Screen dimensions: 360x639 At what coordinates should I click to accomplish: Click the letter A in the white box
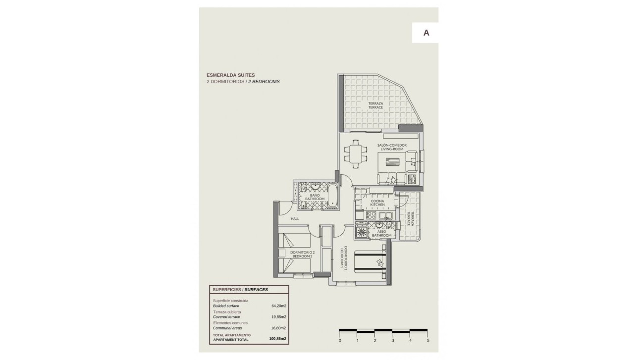pos(426,33)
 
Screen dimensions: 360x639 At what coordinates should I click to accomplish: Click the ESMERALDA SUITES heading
pos(231,75)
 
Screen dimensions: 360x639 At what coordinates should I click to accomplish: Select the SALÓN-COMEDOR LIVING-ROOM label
pos(392,147)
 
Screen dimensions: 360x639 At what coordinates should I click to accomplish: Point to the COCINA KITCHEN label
pos(377,203)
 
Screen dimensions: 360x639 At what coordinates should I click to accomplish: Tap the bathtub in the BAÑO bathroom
pos(333,196)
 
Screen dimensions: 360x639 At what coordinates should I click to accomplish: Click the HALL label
pos(295,218)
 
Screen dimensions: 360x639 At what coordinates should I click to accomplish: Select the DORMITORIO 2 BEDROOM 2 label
pos(302,254)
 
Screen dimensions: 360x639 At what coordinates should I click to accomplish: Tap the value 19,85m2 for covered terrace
pos(278,317)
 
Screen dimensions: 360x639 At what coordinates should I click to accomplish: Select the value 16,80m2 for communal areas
pos(278,328)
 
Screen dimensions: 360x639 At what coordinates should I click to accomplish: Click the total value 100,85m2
pos(277,339)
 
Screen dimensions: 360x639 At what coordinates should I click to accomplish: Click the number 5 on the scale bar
pos(427,341)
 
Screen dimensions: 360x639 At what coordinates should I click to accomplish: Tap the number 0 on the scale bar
pos(340,341)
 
